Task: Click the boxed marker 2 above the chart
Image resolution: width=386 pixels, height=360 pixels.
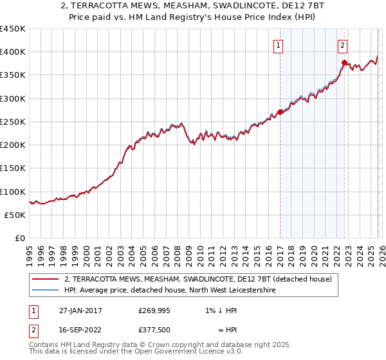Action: click(343, 45)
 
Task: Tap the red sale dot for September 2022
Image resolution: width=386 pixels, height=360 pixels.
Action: click(344, 62)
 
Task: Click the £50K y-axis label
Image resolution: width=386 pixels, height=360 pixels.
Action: click(15, 215)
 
